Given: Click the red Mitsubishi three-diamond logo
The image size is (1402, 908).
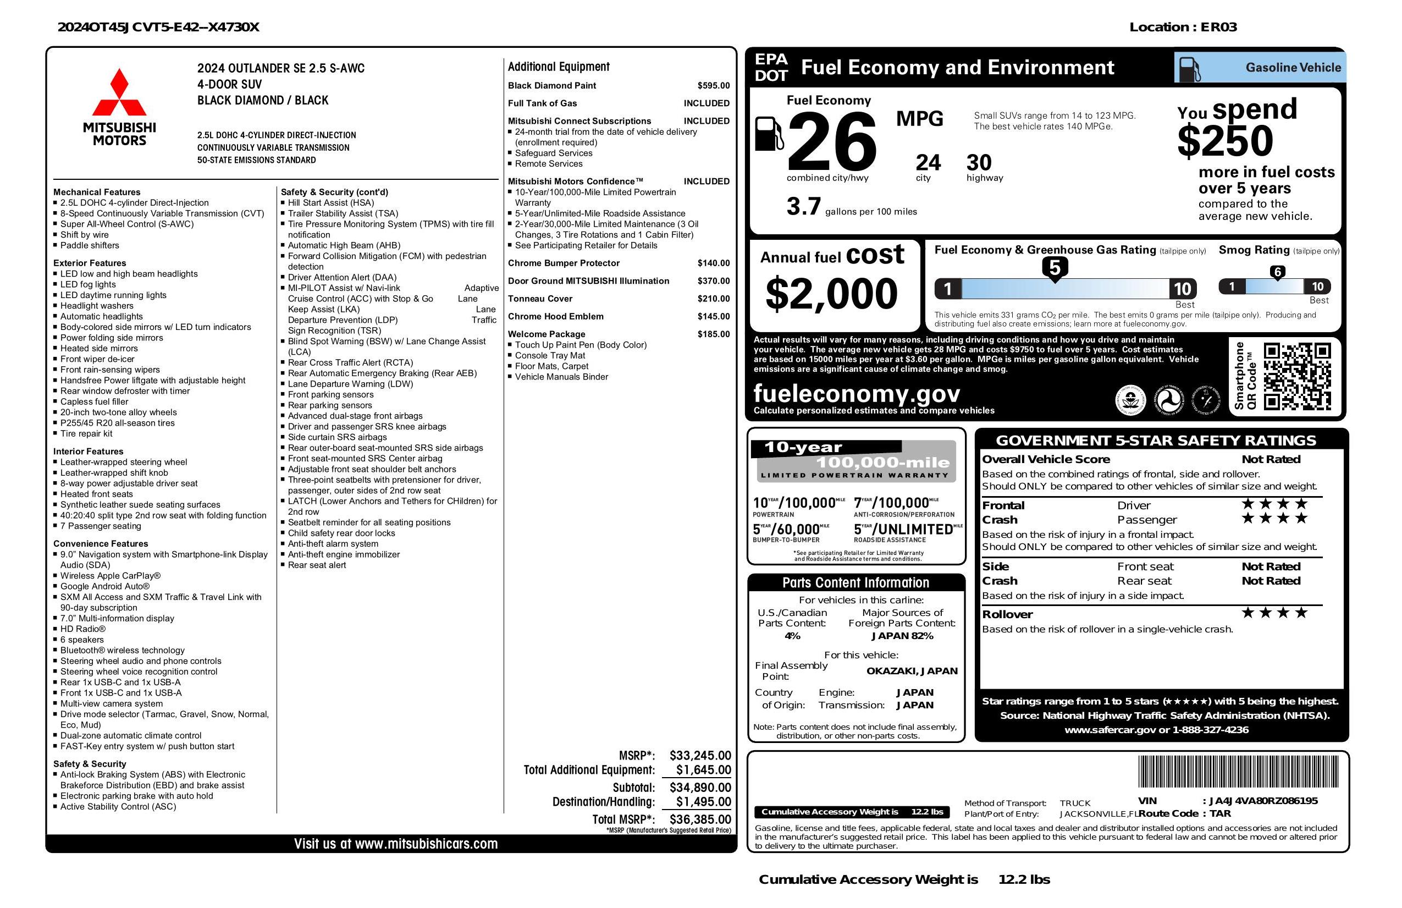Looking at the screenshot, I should (x=119, y=92).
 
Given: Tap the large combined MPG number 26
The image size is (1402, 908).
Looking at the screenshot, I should (x=831, y=141).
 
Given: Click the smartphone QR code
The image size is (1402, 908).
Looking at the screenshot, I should (x=1297, y=377).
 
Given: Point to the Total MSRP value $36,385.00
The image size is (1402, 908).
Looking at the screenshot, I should (x=700, y=819).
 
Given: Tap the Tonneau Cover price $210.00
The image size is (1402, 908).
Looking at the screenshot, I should (x=714, y=299).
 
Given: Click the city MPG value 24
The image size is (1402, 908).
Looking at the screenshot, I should (x=928, y=163).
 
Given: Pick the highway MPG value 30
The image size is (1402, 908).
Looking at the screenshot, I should (x=979, y=163).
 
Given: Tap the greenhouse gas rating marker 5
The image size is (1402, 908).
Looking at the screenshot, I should (x=1055, y=268).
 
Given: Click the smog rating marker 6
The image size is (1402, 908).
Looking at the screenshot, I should (x=1277, y=272).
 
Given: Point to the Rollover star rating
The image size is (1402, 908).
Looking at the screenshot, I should (x=1274, y=613).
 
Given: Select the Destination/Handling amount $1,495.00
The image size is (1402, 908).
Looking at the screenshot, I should (x=703, y=801).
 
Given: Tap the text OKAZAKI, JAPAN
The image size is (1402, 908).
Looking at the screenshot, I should (x=912, y=670).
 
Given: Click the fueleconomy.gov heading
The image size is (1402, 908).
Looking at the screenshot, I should (x=856, y=393).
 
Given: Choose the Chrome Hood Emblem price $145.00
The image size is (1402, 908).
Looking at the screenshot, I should (x=714, y=316).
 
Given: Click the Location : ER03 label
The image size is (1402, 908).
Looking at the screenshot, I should (x=1182, y=27).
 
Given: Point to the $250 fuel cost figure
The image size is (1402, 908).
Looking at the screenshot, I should (x=1225, y=141).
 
